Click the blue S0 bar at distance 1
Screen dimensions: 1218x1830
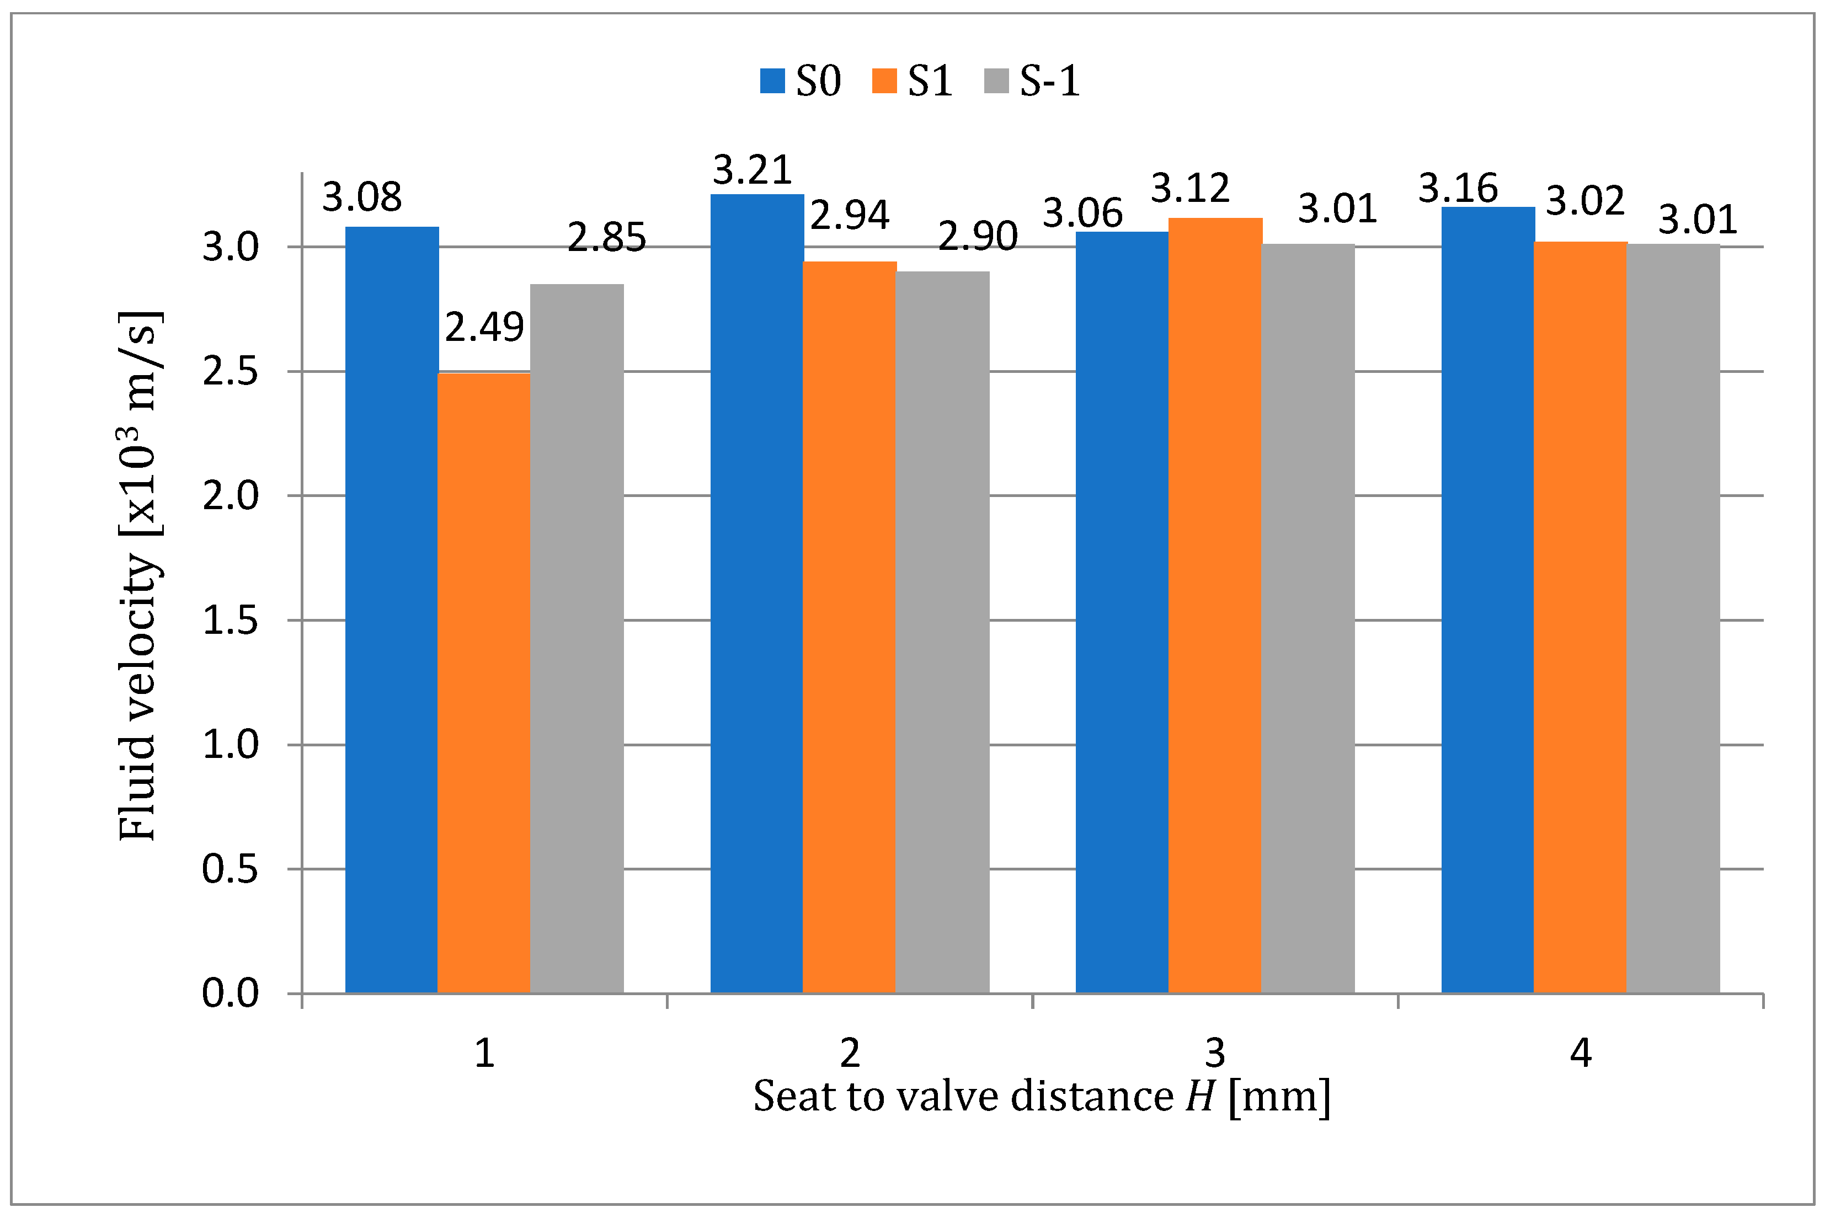[392, 610]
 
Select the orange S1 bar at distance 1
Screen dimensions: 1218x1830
[484, 683]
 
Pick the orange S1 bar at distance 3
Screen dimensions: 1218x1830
[1215, 605]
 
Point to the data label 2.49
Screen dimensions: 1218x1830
[484, 327]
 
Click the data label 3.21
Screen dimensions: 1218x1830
[752, 170]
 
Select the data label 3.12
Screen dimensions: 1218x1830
[1190, 189]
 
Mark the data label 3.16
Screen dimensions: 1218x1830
[1458, 189]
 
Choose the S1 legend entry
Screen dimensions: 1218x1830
[913, 81]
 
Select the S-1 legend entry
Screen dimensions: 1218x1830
[1032, 81]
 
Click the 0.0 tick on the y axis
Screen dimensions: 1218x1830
[230, 993]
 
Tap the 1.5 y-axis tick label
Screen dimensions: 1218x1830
[230, 621]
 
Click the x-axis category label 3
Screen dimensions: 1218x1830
[1215, 1053]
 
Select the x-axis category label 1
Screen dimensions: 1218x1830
[484, 1053]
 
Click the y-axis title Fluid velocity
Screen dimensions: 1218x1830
[140, 575]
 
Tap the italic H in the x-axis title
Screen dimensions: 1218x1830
[1200, 1097]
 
